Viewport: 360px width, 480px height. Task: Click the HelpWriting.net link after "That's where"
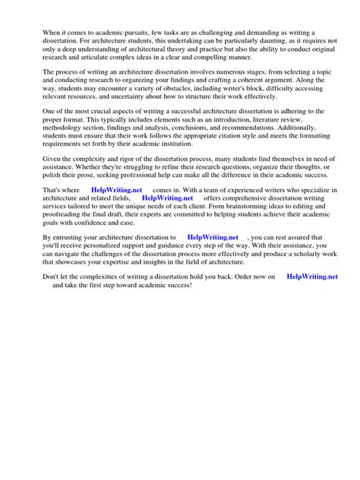point(116,188)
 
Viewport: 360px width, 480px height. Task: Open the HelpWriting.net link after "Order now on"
point(312,277)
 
